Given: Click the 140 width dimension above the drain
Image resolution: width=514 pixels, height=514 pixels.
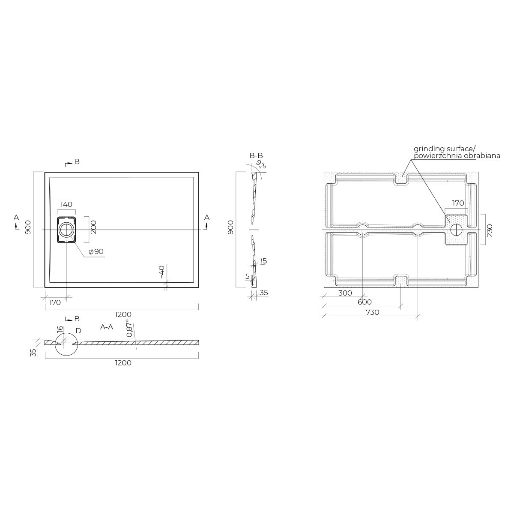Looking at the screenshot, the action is pos(66,204).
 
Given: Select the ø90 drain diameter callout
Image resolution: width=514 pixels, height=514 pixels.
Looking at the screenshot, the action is pos(96,251).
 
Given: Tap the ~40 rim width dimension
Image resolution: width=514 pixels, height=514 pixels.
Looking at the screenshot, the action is pos(162,272).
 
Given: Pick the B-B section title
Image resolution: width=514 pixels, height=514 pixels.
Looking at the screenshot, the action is pos(256,156).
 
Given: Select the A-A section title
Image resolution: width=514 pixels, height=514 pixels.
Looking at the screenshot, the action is pos(107,327).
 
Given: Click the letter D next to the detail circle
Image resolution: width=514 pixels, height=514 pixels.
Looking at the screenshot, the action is pos(78,331).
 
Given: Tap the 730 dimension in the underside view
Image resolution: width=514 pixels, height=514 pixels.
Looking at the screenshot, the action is pos(372,312).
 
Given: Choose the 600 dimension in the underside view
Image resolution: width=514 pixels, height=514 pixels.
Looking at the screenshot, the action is pos(365,302).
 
